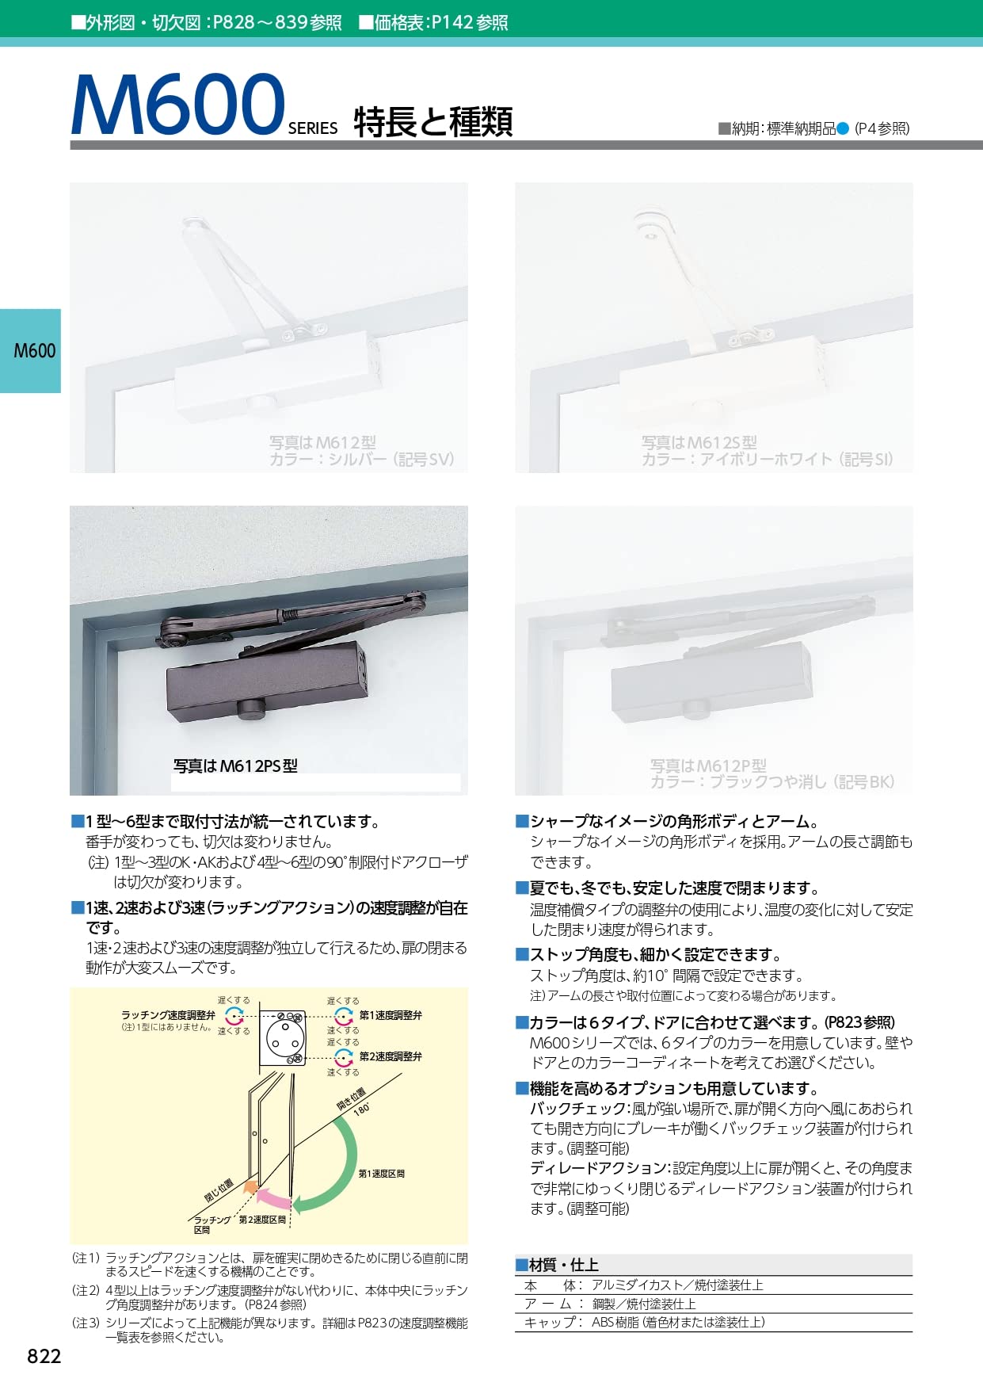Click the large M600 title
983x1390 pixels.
177,105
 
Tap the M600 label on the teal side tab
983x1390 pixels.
35,350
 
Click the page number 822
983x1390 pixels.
44,1356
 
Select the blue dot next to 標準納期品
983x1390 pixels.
843,128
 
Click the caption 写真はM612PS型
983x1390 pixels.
235,766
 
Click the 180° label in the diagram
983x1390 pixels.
361,1109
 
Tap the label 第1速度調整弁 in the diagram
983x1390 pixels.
391,1015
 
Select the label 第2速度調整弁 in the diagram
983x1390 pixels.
391,1056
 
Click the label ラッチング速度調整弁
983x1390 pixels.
168,1015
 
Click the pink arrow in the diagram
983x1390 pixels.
274,1198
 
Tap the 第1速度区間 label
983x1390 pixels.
381,1174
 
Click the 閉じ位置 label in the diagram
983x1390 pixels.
219,1191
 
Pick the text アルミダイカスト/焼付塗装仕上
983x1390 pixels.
677,1285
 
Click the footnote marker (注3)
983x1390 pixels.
86,1323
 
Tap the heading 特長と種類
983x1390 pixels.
433,122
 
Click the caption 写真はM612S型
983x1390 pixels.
699,442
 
